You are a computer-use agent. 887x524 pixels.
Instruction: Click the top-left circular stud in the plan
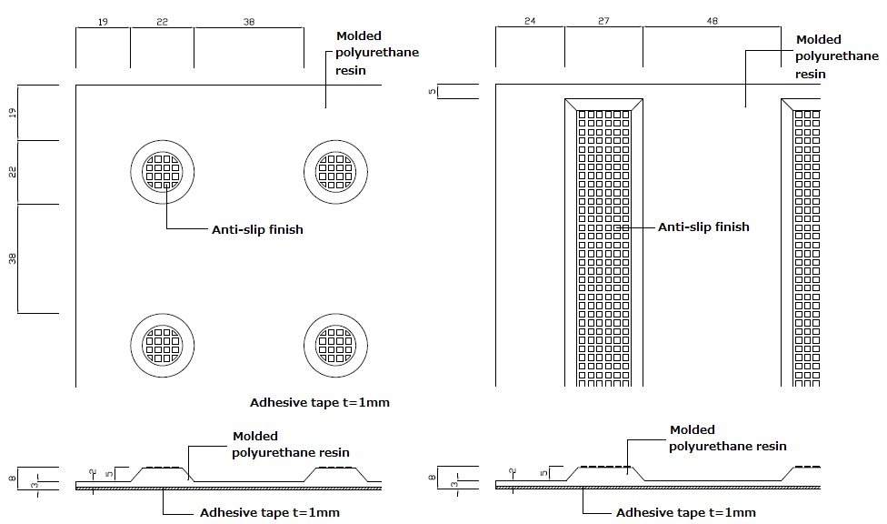[163, 171]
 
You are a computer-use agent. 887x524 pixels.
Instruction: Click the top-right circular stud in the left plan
[335, 171]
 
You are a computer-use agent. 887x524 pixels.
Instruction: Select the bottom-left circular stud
[163, 344]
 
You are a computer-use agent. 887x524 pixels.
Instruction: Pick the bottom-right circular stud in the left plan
[335, 344]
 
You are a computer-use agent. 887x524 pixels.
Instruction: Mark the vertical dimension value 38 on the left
[13, 258]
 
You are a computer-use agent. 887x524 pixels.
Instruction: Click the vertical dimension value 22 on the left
[13, 172]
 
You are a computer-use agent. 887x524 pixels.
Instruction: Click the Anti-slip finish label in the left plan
[257, 229]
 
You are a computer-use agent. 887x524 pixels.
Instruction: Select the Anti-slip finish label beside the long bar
[703, 227]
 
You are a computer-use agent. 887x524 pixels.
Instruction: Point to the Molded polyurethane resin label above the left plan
[377, 54]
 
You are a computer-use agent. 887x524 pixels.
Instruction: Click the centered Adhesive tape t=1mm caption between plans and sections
[319, 402]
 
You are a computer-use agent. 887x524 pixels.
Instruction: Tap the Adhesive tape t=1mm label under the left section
[269, 512]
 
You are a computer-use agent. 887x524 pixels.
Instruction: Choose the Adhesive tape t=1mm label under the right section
[685, 512]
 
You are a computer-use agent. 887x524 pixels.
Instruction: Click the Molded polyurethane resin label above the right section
[728, 438]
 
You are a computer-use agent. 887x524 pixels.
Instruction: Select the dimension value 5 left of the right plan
[434, 91]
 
